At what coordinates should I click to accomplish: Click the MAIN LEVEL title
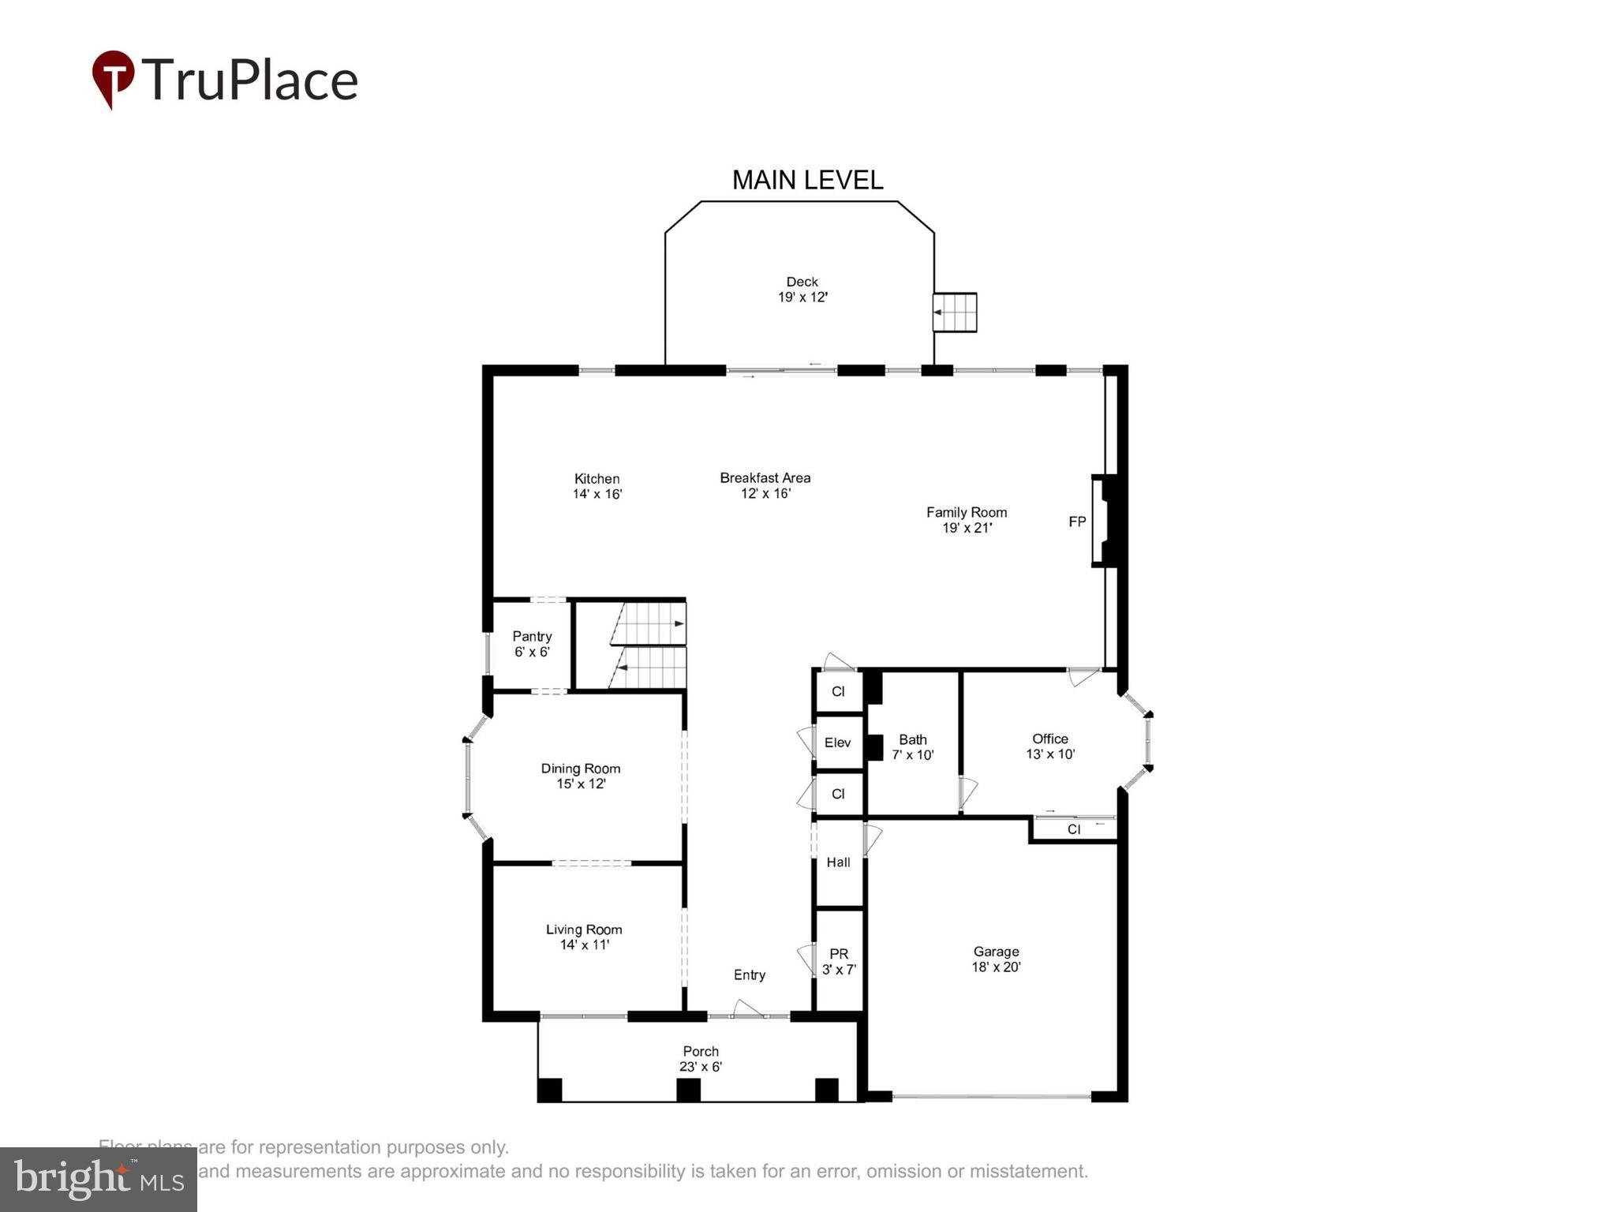coord(807,180)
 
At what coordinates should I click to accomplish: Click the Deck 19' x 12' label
coord(802,290)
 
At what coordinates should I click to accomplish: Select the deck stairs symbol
coord(955,312)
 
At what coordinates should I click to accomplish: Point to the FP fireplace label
coord(1077,522)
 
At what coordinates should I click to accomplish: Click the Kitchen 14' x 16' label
coord(597,487)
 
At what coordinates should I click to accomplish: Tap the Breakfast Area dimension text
coord(765,494)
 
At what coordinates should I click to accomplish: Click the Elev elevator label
coord(837,743)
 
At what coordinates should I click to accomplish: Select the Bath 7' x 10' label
coord(913,746)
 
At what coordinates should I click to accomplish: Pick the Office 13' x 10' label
coord(1050,746)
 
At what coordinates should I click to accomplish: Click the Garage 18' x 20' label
coord(996,959)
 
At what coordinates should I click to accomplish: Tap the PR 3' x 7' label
coord(839,961)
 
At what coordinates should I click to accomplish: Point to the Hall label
coord(838,862)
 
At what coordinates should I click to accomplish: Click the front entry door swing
coord(747,1008)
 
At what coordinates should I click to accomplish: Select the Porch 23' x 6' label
coord(701,1059)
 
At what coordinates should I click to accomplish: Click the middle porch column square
coord(688,1090)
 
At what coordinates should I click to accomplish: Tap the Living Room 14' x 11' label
coord(584,937)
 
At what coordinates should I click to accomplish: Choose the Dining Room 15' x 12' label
coord(581,776)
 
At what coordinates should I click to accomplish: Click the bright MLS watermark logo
coord(99,1179)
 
